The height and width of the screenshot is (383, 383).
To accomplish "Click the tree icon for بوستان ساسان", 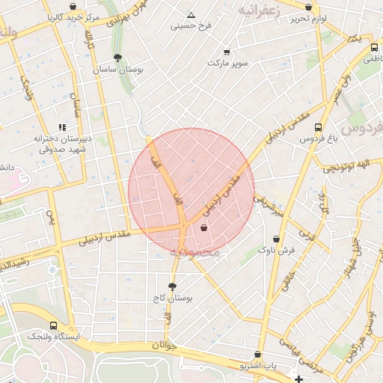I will (117, 58).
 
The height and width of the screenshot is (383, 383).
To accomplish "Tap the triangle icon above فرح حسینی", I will (191, 15).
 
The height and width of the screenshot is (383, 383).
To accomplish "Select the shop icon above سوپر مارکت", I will (227, 52).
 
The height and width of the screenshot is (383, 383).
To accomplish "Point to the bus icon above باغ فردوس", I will (319, 128).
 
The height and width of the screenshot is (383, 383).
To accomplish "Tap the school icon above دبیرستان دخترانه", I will (61, 128).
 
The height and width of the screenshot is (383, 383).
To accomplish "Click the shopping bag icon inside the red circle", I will (204, 229).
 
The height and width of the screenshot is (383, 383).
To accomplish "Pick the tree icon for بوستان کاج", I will (172, 287).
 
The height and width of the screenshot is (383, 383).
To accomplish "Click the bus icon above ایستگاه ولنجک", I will (53, 326).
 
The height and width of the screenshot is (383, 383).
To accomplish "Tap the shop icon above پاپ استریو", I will (258, 355).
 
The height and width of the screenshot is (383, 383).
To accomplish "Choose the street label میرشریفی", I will (269, 206).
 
